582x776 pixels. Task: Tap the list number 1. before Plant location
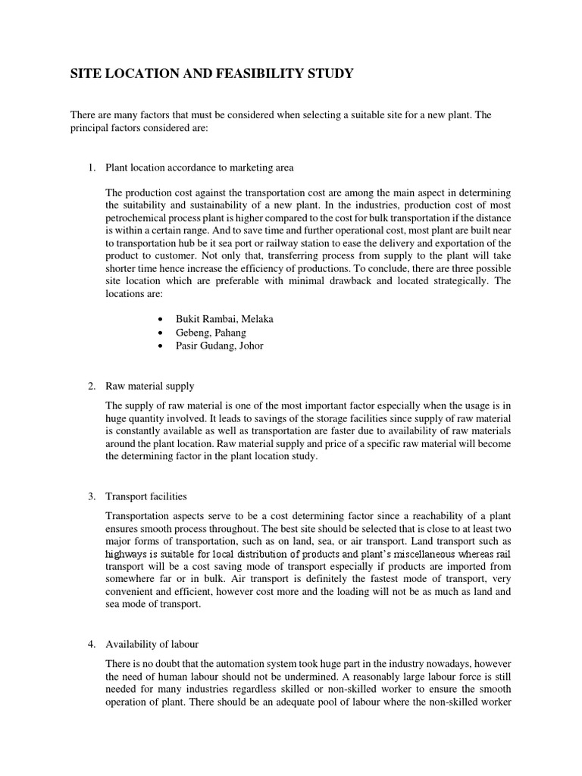[91, 167]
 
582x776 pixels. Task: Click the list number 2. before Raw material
[91, 386]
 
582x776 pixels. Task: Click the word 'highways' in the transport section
[126, 554]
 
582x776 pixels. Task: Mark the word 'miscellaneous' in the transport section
[412, 554]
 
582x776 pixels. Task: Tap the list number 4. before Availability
[91, 644]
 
